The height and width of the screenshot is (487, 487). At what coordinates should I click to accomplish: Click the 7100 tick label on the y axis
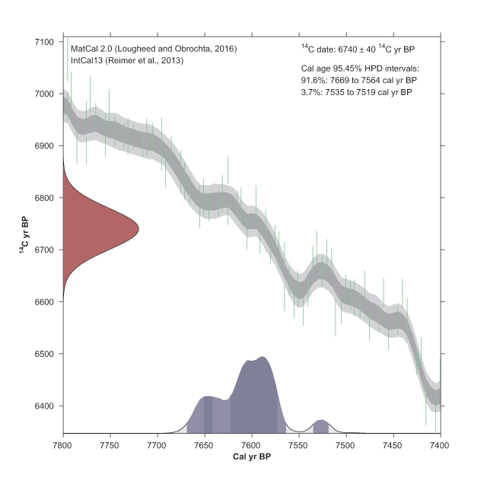(44, 41)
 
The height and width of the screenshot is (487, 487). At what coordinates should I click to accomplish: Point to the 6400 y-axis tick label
(44, 406)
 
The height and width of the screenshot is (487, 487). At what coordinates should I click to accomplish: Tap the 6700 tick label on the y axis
(44, 250)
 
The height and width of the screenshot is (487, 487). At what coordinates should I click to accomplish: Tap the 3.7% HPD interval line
(359, 92)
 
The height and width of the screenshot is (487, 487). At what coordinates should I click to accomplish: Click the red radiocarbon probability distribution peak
(114, 228)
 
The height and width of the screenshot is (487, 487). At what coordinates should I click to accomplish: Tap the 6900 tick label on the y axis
(44, 145)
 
